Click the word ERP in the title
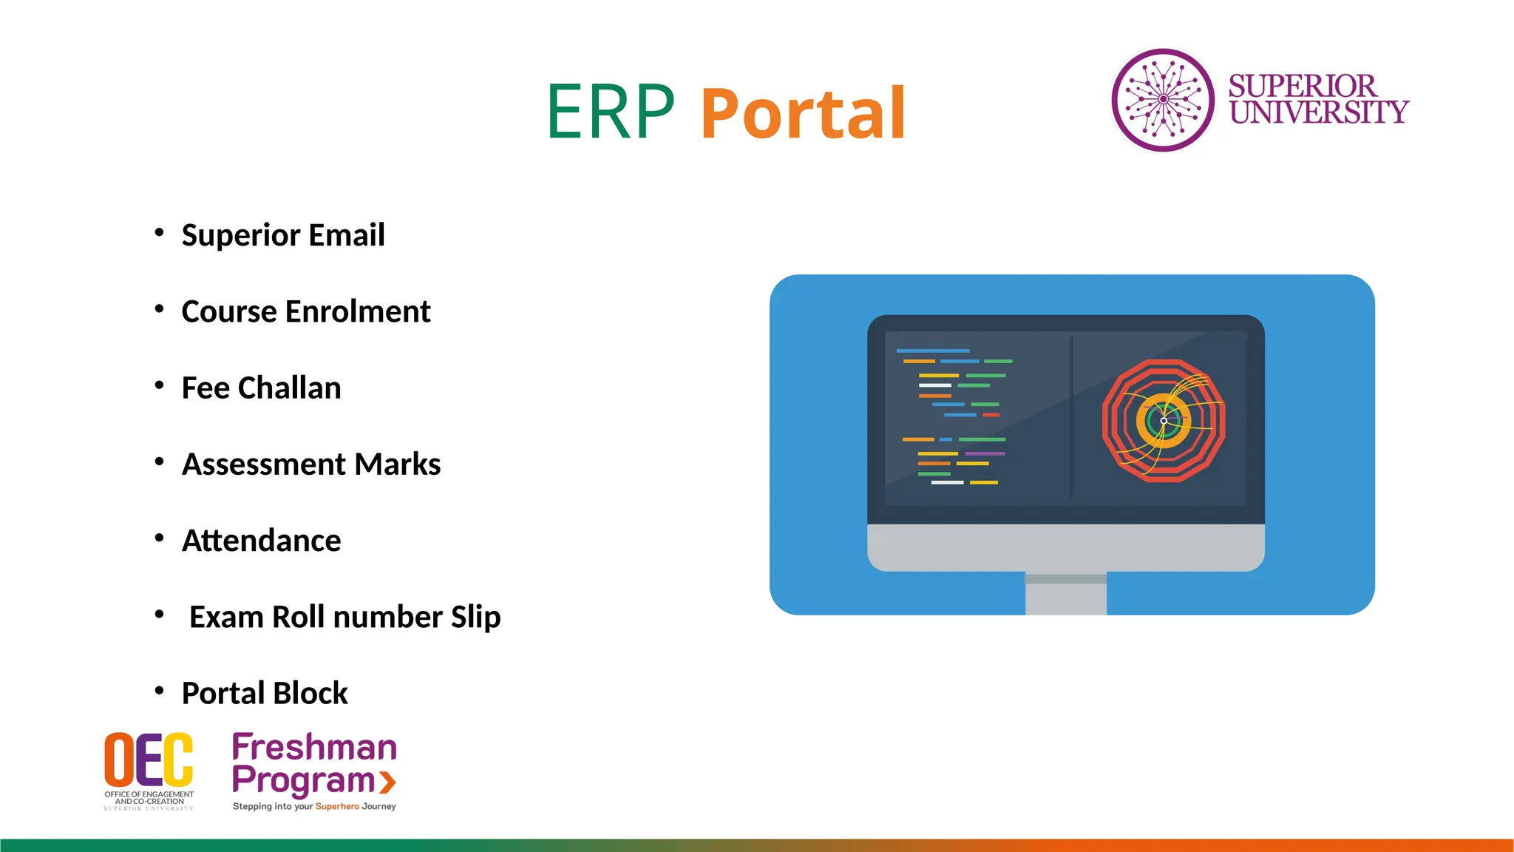(x=611, y=112)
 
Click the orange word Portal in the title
(x=803, y=114)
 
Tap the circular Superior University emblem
(x=1163, y=100)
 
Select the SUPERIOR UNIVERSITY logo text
(x=1317, y=99)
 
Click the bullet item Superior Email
(x=283, y=235)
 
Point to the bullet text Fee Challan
(x=261, y=388)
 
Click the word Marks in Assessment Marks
(x=397, y=464)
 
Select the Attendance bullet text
(x=261, y=541)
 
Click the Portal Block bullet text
(x=264, y=694)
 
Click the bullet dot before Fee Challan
(x=159, y=385)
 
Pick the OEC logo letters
(x=149, y=760)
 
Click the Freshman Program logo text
(x=314, y=763)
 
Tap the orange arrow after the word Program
(x=387, y=782)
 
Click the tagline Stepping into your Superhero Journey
(x=314, y=806)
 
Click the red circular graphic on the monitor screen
(x=1163, y=421)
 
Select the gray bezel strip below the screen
(x=1065, y=547)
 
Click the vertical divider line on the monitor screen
(x=1070, y=418)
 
